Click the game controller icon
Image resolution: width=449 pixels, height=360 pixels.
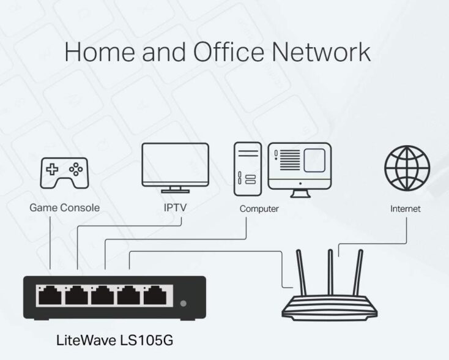[x=64, y=173]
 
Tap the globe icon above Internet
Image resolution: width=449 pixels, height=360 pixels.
[x=407, y=168]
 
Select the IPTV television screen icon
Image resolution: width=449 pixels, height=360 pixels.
[x=175, y=168]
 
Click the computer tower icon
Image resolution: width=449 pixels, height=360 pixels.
[x=248, y=169]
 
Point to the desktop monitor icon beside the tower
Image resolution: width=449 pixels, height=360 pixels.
[x=300, y=170]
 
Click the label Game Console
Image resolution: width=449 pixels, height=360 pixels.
[x=64, y=208]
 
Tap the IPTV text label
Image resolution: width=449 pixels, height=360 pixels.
[x=175, y=208]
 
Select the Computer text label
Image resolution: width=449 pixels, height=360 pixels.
[x=259, y=209]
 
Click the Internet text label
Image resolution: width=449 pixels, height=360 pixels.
[x=406, y=209]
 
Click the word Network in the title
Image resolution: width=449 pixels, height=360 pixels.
[x=321, y=52]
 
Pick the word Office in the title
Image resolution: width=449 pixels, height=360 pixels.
[x=229, y=51]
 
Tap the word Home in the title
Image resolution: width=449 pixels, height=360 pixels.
[x=100, y=52]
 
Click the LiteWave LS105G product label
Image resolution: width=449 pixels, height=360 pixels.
[x=114, y=340]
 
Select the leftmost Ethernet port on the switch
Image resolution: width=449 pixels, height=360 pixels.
[x=50, y=295]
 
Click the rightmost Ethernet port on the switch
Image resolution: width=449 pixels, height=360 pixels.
[x=155, y=295]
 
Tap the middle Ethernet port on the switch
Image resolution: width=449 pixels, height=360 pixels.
[x=103, y=295]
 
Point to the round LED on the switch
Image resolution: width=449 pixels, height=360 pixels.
[x=184, y=303]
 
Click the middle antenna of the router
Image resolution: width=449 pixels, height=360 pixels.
[x=330, y=272]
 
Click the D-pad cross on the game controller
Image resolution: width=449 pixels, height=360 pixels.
[x=52, y=169]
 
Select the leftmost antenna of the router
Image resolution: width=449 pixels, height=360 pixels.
[x=301, y=272]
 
